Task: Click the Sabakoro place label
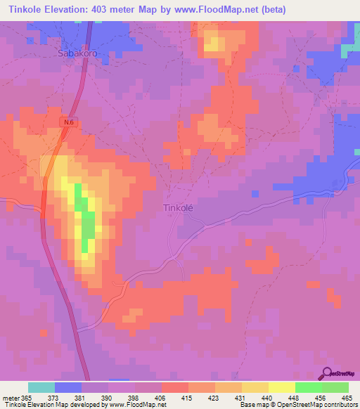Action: tap(77, 52)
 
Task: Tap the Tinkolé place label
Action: tap(182, 208)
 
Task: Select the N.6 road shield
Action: tap(67, 122)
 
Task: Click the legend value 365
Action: tap(27, 397)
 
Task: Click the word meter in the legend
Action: tap(10, 397)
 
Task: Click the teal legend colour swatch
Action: tap(41, 387)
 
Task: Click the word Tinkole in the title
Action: tap(21, 10)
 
